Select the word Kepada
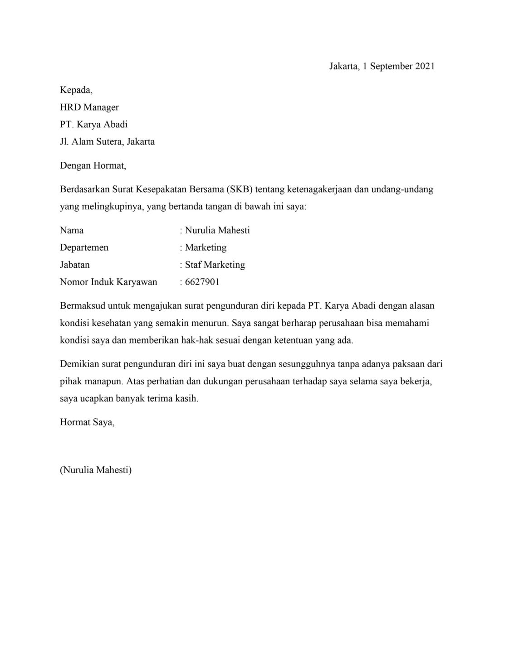pos(76,90)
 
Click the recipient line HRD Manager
pos(89,107)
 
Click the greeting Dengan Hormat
pos(93,165)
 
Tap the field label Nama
pos(72,230)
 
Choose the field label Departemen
pos(84,247)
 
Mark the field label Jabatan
pos(75,265)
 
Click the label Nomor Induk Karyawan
pos(108,282)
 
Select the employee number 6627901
pos(202,282)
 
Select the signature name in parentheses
pos(96,470)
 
